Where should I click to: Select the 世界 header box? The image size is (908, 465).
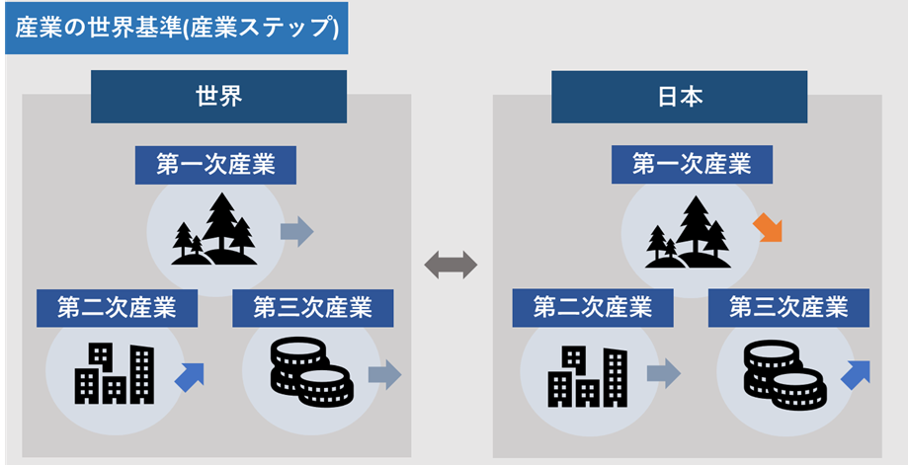(x=218, y=97)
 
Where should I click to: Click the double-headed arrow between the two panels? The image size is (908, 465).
(x=451, y=264)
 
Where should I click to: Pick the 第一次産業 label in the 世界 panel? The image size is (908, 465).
(x=215, y=165)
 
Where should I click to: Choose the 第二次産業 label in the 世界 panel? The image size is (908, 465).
(x=117, y=307)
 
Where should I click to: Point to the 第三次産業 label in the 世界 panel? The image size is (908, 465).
(x=312, y=307)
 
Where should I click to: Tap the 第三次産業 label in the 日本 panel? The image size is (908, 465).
(x=788, y=307)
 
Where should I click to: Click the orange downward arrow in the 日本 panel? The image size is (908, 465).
(x=768, y=228)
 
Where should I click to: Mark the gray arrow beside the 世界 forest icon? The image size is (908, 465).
(x=296, y=232)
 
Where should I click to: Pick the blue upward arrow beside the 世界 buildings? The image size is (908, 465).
(x=189, y=376)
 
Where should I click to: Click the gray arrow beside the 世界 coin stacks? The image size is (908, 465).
(x=384, y=374)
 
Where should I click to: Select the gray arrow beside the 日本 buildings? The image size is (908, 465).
(x=664, y=373)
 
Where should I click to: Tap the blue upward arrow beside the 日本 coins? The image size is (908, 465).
(x=856, y=374)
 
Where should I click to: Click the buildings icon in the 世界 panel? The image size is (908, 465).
(x=115, y=373)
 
